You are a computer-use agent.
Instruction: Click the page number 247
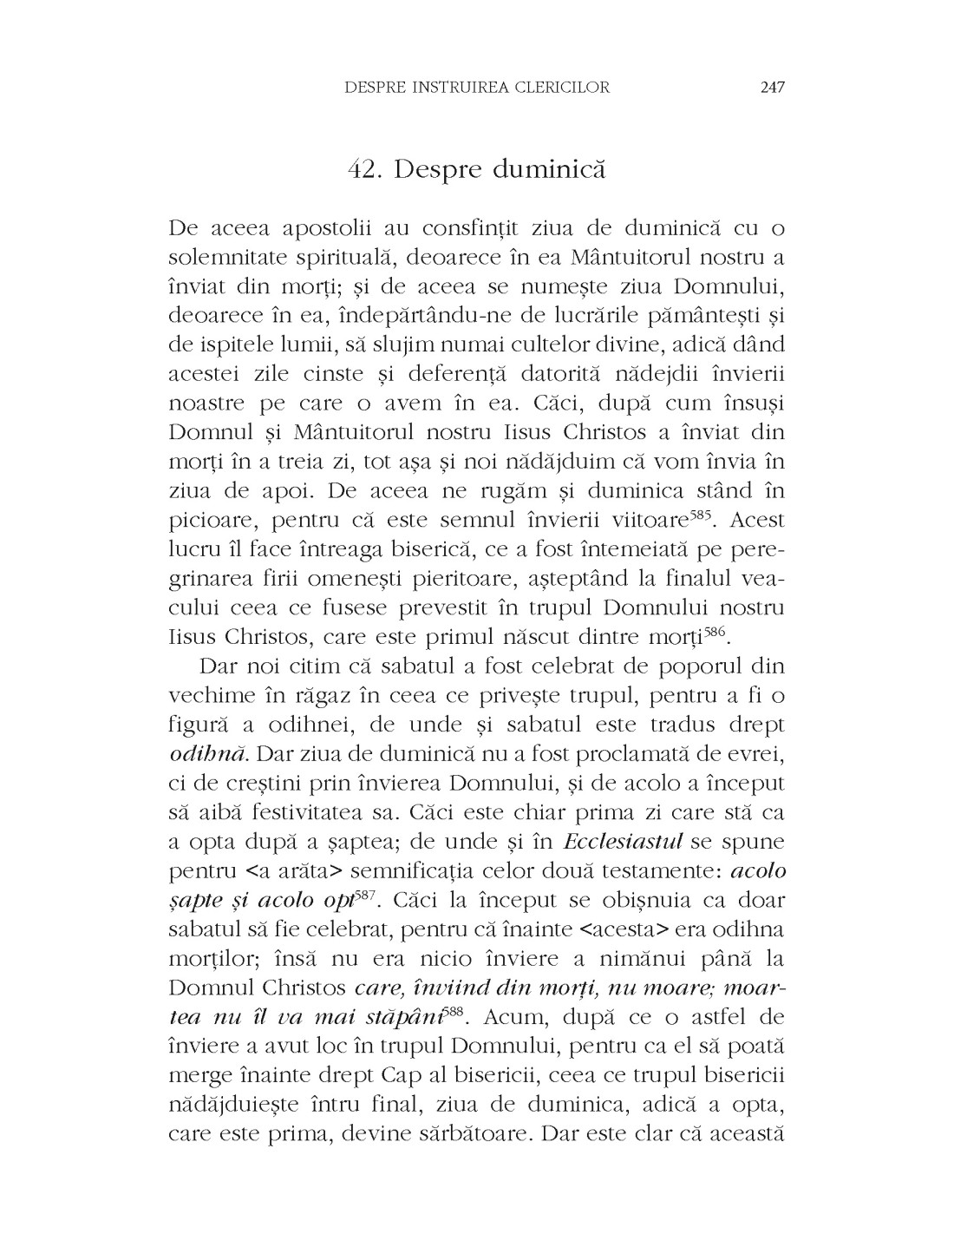pyautogui.click(x=771, y=87)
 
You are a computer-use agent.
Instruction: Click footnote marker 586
pyautogui.click(x=716, y=633)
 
